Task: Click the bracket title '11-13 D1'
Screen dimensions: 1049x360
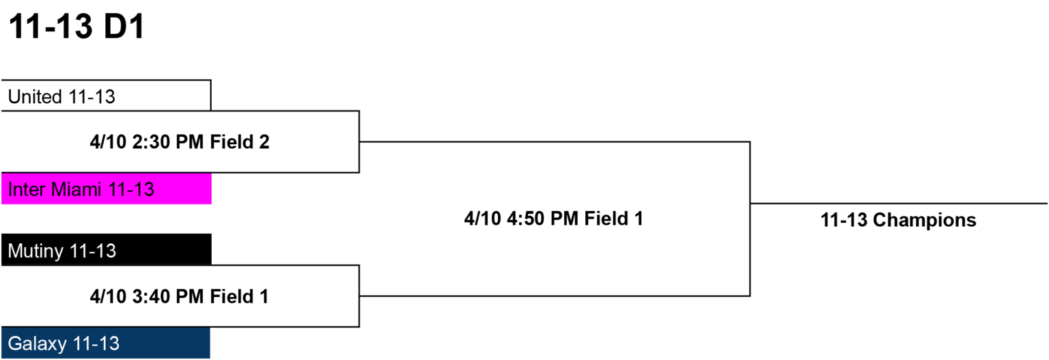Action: (x=76, y=26)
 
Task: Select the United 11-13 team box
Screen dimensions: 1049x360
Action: (x=106, y=96)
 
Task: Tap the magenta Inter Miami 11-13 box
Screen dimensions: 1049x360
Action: (x=107, y=189)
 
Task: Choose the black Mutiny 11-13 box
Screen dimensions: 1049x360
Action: (x=107, y=250)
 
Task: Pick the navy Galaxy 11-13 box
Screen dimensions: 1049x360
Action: (x=106, y=343)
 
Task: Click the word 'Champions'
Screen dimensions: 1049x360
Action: (x=925, y=220)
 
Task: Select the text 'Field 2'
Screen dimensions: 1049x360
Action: (x=240, y=142)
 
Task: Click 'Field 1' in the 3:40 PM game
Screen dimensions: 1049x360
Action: (x=239, y=296)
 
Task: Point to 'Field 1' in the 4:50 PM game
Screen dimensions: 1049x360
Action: (x=613, y=219)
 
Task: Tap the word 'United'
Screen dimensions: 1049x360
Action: (x=35, y=97)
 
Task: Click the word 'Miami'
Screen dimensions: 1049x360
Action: (x=76, y=190)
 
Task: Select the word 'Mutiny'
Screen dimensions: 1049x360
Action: (x=36, y=251)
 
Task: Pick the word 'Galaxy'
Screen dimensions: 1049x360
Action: (x=38, y=344)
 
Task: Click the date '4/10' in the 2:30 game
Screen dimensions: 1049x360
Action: (x=108, y=142)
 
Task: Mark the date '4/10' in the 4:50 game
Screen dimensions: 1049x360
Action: (x=483, y=219)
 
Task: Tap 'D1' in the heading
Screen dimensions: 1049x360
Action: (x=124, y=26)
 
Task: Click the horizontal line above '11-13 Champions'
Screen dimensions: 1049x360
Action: (x=899, y=204)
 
